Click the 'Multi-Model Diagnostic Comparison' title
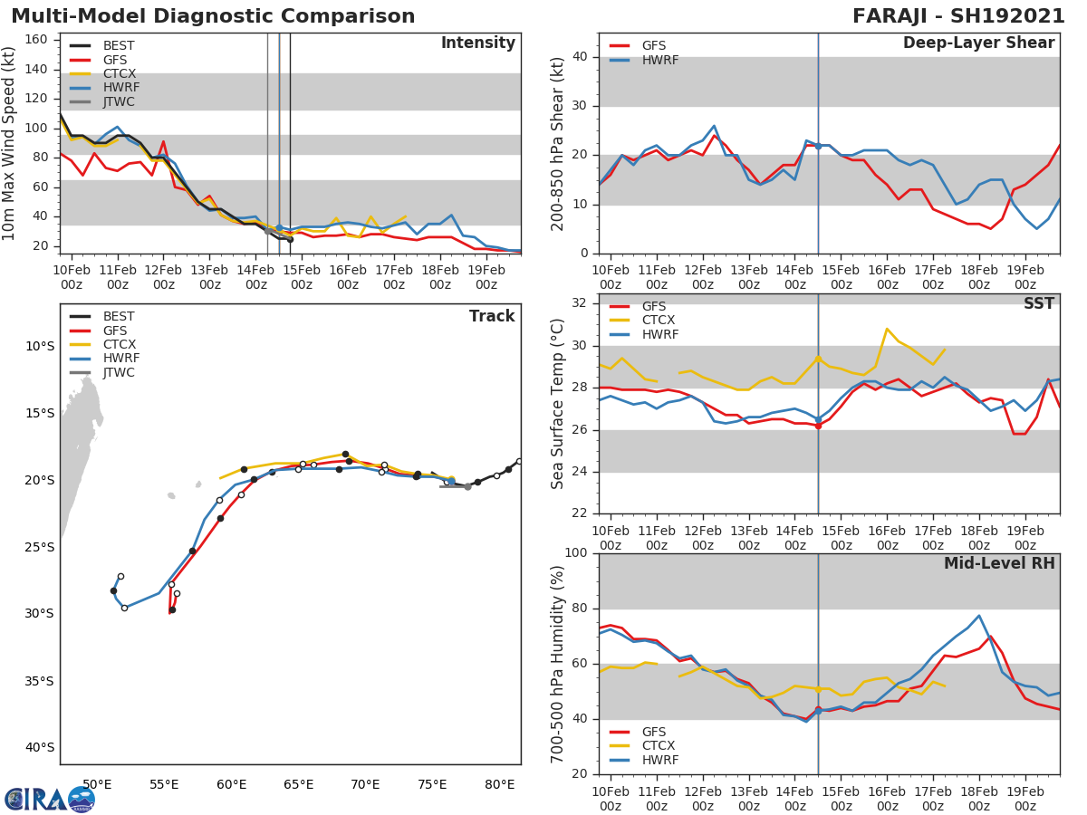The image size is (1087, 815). pyautogui.click(x=213, y=16)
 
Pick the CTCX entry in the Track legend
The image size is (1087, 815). pyautogui.click(x=119, y=344)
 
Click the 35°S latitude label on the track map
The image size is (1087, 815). pyautogui.click(x=38, y=681)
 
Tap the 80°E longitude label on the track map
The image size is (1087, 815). pyautogui.click(x=499, y=784)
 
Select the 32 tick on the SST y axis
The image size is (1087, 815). pyautogui.click(x=580, y=303)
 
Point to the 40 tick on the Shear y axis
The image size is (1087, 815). pyautogui.click(x=580, y=57)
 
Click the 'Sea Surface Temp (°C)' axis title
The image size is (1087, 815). pyautogui.click(x=558, y=404)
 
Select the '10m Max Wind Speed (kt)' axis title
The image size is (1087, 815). pyautogui.click(x=10, y=143)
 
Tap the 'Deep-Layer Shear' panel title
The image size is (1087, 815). pyautogui.click(x=978, y=43)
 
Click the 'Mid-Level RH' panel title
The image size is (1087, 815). pyautogui.click(x=999, y=563)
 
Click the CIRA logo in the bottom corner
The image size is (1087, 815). pyautogui.click(x=50, y=799)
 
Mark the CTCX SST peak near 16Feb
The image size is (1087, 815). pyautogui.click(x=887, y=329)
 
